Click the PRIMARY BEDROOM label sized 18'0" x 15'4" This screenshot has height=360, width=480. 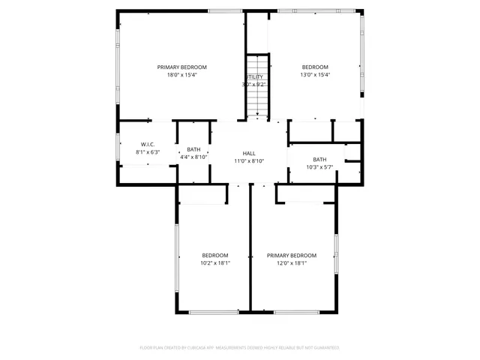point(181,67)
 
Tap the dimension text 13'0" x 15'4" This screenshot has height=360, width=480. point(315,75)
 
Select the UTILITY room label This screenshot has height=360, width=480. point(255,77)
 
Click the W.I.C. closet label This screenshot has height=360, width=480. point(148,144)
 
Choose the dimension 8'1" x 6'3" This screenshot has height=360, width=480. point(148,152)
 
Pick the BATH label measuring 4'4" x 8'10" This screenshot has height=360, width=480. point(193,149)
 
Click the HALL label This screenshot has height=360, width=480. point(249,153)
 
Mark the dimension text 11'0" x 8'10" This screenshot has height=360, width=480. point(249,160)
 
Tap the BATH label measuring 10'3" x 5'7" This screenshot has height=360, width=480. point(319,159)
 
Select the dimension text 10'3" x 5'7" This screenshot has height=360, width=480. point(319,167)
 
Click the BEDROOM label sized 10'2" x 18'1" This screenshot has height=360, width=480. point(215,255)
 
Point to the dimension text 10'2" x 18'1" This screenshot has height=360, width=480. point(215,263)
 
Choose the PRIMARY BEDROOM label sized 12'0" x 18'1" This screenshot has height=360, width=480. point(292,255)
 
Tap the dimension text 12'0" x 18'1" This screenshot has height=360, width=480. point(292,263)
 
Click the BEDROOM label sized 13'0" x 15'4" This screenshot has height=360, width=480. point(315,67)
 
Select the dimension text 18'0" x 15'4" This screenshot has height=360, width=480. point(181,75)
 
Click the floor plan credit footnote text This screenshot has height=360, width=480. point(240,348)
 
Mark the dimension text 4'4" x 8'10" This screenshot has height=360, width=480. point(193,157)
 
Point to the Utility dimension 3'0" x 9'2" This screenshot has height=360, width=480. point(255,85)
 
